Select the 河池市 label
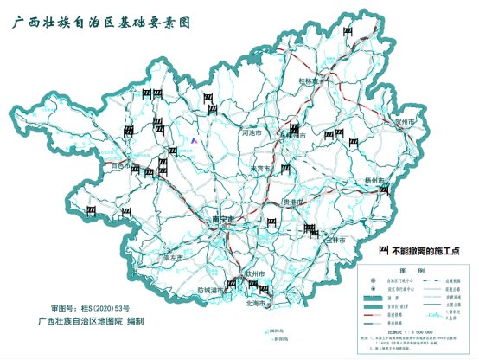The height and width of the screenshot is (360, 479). (257, 134)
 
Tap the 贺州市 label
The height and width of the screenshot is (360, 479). (406, 123)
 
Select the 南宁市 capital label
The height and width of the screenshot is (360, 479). (225, 220)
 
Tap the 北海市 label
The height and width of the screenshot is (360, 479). (259, 304)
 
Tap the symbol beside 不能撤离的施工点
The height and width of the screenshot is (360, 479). (383, 250)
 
